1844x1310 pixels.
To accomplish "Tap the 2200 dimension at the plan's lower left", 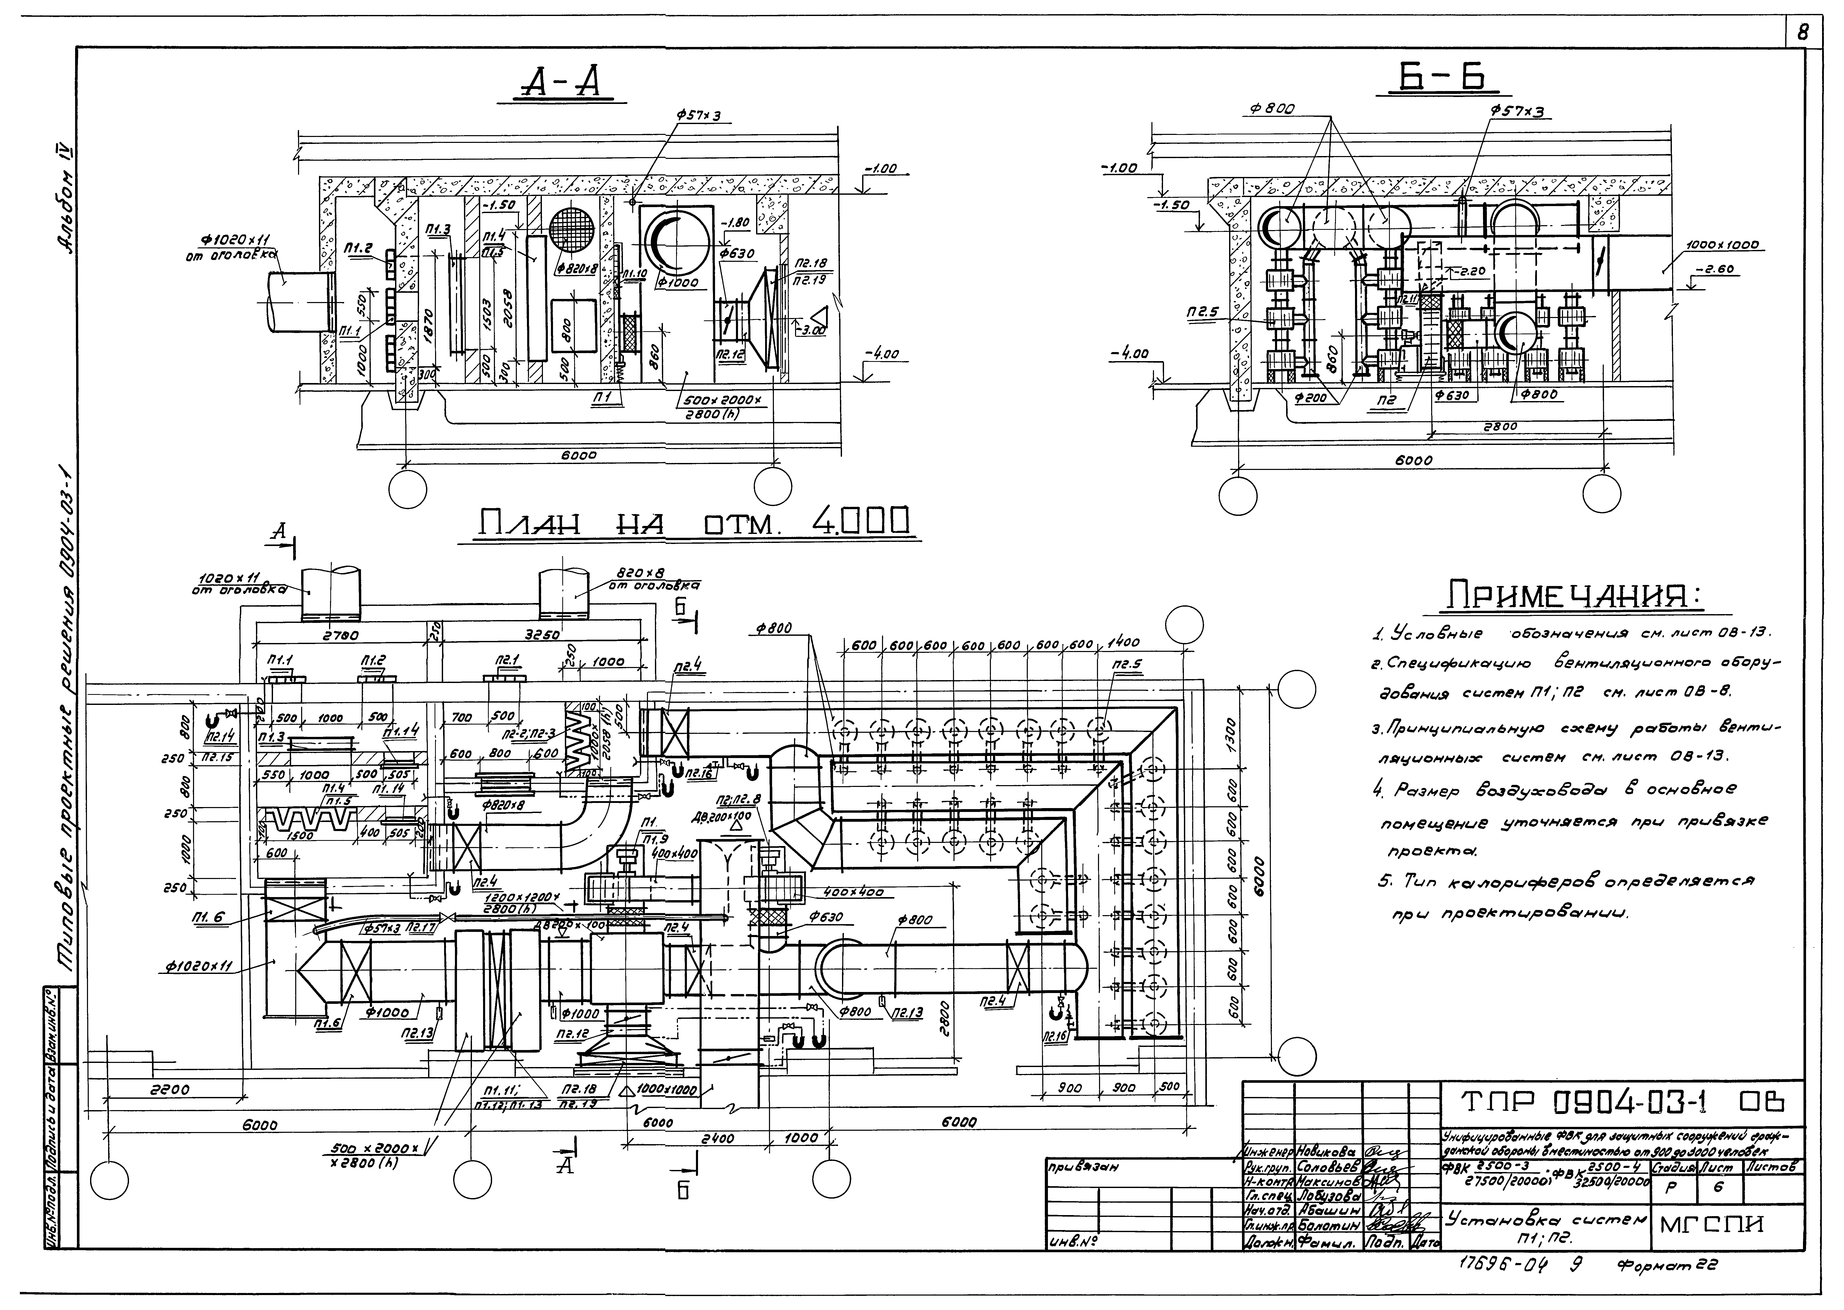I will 170,1089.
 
